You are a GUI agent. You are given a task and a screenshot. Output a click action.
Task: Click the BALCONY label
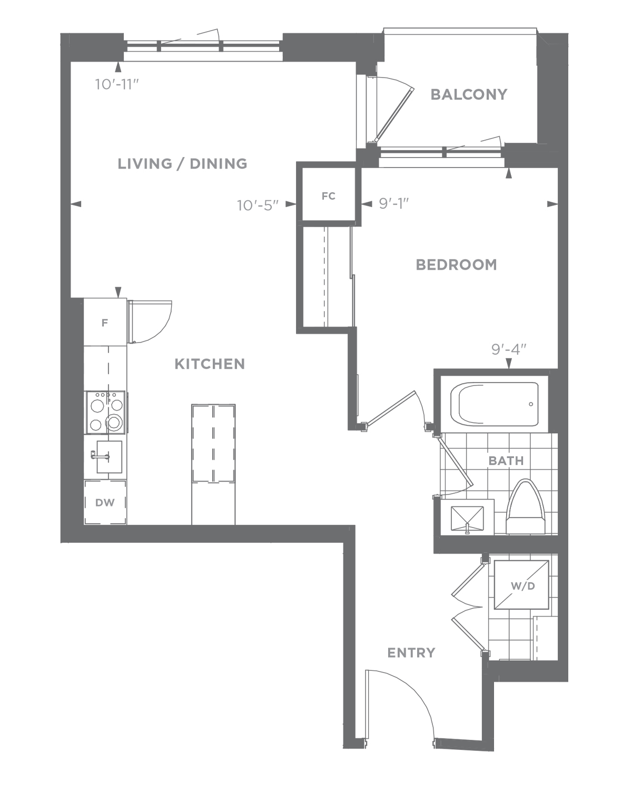pyautogui.click(x=469, y=94)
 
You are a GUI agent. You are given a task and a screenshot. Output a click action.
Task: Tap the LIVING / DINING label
pyautogui.click(x=182, y=164)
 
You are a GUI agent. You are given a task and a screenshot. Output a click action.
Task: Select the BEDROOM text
pyautogui.click(x=456, y=265)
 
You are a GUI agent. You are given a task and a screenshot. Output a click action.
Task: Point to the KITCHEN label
pyautogui.click(x=210, y=364)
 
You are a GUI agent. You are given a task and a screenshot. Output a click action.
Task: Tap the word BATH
pyautogui.click(x=506, y=461)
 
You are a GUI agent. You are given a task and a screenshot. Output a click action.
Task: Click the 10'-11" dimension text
pyautogui.click(x=117, y=84)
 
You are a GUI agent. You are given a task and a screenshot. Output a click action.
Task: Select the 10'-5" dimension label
pyautogui.click(x=258, y=205)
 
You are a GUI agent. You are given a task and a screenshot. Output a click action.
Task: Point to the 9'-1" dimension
pyautogui.click(x=394, y=203)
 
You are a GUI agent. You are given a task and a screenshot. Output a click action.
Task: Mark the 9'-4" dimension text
pyautogui.click(x=509, y=349)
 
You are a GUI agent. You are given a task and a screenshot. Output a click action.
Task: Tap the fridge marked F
pyautogui.click(x=105, y=322)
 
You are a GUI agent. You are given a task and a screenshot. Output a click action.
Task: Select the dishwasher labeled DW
pyautogui.click(x=105, y=503)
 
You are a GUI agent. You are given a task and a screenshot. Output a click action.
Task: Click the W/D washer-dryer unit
pyautogui.click(x=521, y=585)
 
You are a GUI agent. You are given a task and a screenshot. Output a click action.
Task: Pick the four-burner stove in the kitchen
pyautogui.click(x=106, y=412)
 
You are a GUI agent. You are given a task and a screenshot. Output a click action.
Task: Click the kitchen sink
pyautogui.click(x=108, y=457)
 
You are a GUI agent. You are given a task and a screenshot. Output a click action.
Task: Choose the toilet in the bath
pyautogui.click(x=526, y=507)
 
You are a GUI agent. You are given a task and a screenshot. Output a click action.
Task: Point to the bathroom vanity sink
pyautogui.click(x=467, y=517)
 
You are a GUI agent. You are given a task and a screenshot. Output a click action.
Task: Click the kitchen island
pyautogui.click(x=213, y=464)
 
